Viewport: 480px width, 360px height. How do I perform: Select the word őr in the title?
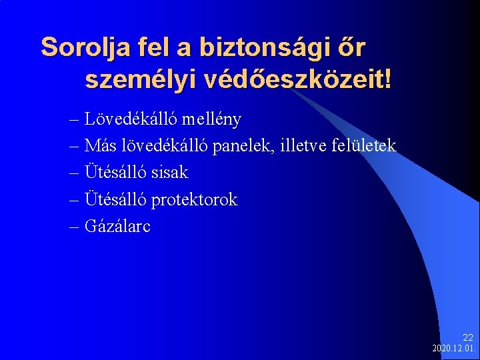[352, 47]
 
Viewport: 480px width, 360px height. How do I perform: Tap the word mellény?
[212, 119]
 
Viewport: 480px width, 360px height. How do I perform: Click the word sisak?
[170, 173]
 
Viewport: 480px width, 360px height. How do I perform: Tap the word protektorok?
[194, 199]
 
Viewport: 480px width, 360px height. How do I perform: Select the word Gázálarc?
[118, 226]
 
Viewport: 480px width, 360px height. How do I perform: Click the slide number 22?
[467, 338]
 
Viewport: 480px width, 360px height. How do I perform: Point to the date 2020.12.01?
[454, 349]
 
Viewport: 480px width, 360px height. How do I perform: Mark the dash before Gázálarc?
[74, 227]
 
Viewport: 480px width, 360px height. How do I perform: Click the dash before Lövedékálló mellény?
[74, 120]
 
